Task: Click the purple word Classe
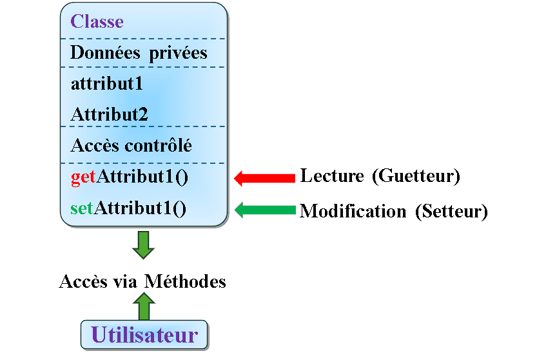click(x=97, y=21)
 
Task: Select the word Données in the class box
click(x=105, y=52)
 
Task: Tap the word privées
click(x=178, y=54)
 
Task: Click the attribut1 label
click(x=106, y=84)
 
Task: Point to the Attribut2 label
click(x=109, y=114)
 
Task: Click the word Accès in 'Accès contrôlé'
click(x=95, y=145)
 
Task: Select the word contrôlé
click(x=158, y=145)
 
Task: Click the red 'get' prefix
click(x=83, y=177)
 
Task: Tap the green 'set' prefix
click(x=81, y=208)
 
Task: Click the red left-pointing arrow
click(x=264, y=178)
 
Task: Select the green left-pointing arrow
click(x=265, y=210)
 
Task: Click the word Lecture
click(x=332, y=175)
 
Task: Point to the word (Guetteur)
click(x=416, y=176)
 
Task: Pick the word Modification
click(x=353, y=211)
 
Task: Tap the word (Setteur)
click(x=451, y=212)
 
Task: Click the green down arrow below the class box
click(x=144, y=245)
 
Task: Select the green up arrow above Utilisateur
click(x=144, y=306)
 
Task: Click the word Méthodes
click(x=185, y=281)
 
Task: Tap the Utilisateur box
click(x=144, y=335)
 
